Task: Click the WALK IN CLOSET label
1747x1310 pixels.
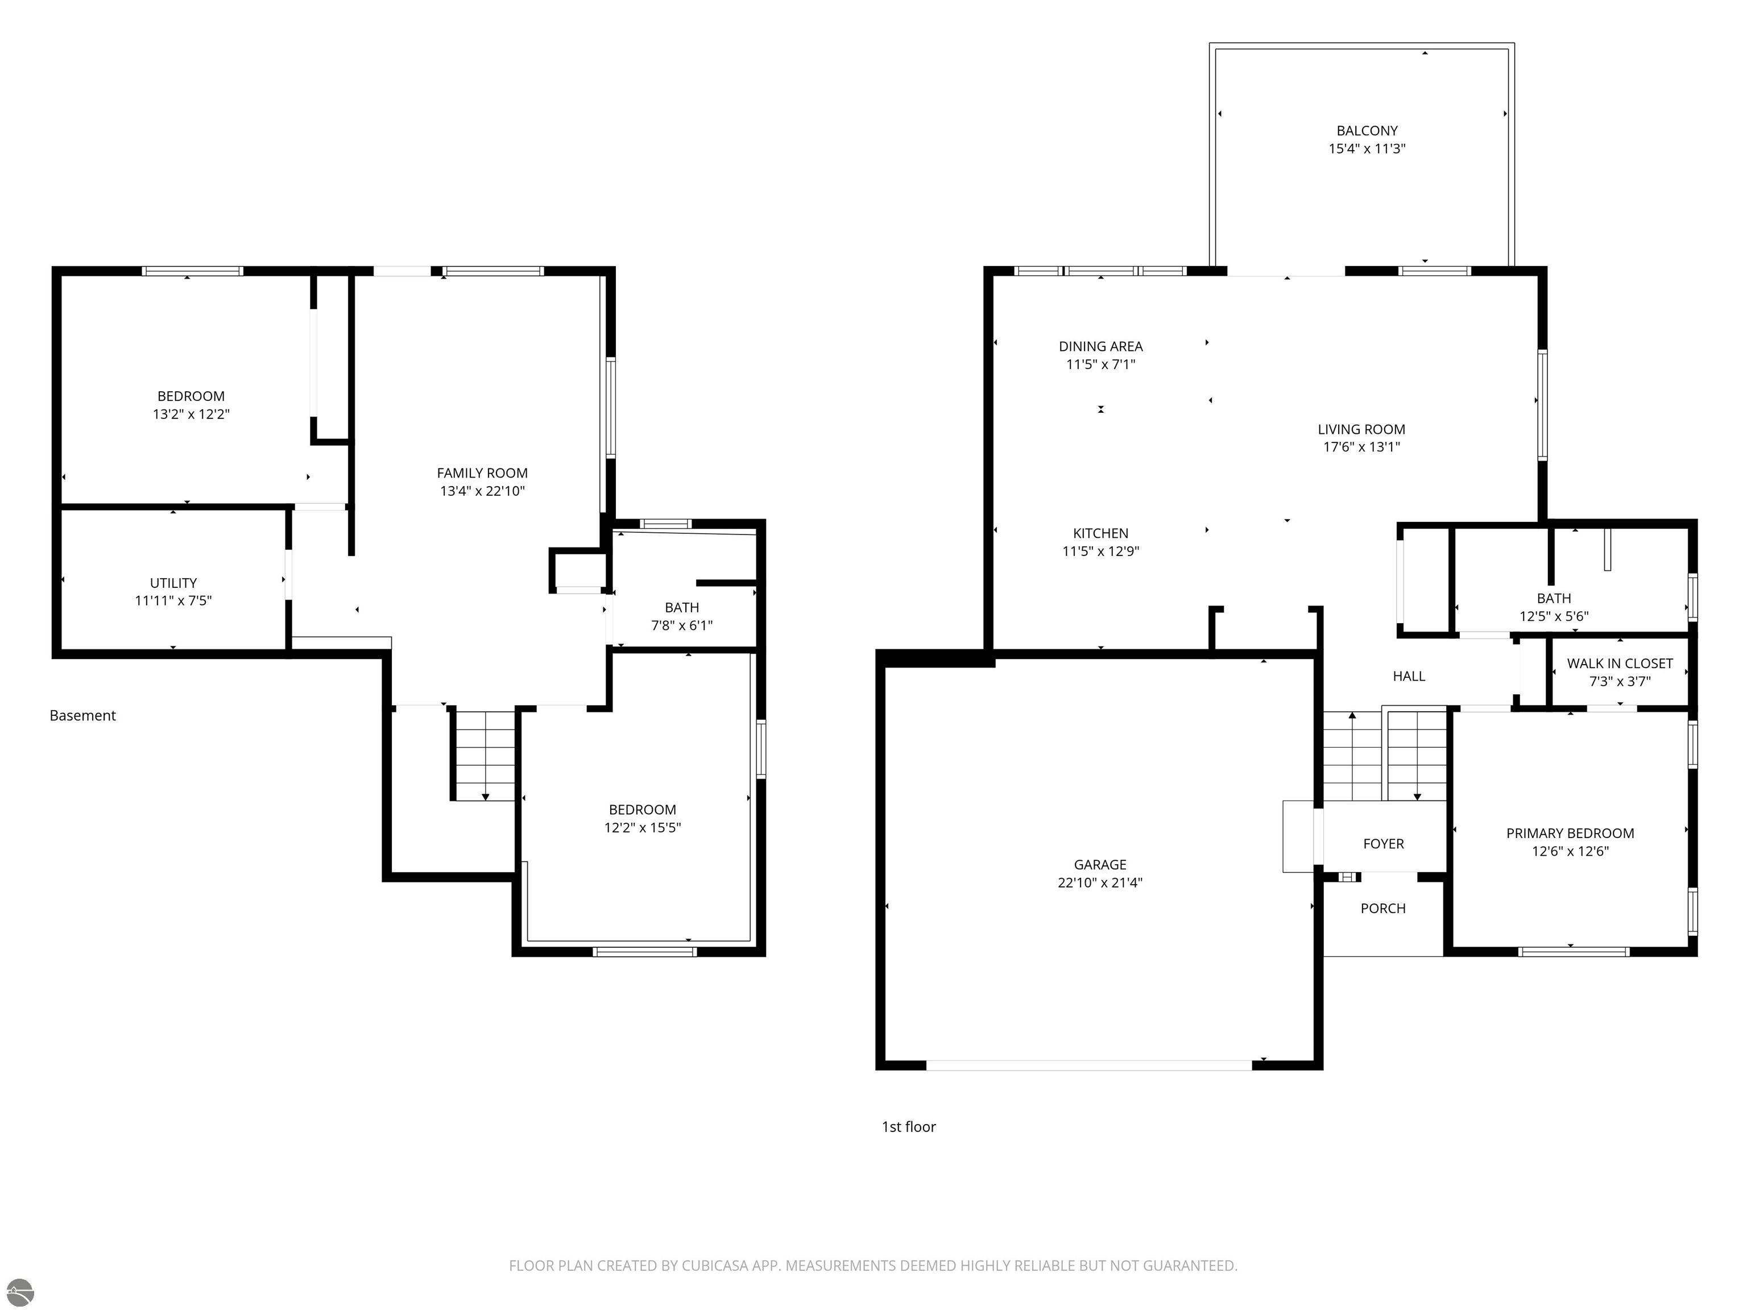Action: tap(1620, 664)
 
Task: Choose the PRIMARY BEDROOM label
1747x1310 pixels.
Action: tap(1570, 833)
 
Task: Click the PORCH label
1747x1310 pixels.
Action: tap(1383, 909)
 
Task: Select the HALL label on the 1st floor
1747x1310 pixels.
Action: tap(1409, 676)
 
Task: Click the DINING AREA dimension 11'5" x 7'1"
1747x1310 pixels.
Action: tap(1101, 364)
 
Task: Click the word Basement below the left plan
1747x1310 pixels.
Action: tap(83, 715)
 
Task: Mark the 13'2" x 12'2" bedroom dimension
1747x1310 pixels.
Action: tap(191, 414)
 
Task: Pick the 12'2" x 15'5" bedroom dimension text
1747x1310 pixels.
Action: tap(643, 827)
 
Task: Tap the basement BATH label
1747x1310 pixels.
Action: tap(682, 607)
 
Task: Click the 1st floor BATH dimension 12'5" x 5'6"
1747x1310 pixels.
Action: tap(1554, 616)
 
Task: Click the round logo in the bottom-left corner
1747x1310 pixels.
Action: tap(20, 1292)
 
